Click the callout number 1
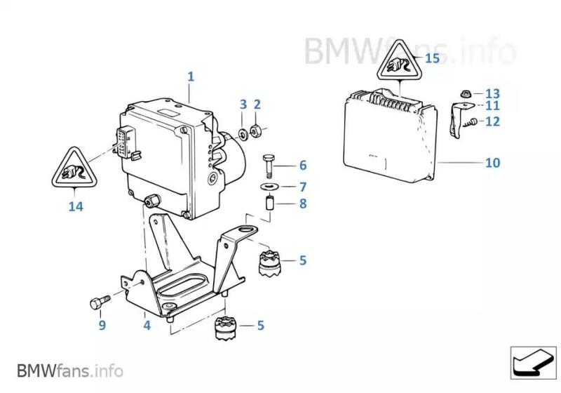[190, 76]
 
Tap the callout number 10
[493, 163]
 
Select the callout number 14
[75, 206]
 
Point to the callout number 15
[432, 58]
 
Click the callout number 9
[102, 325]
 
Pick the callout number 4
[147, 325]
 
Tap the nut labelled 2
[257, 130]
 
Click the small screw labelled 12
[472, 122]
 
